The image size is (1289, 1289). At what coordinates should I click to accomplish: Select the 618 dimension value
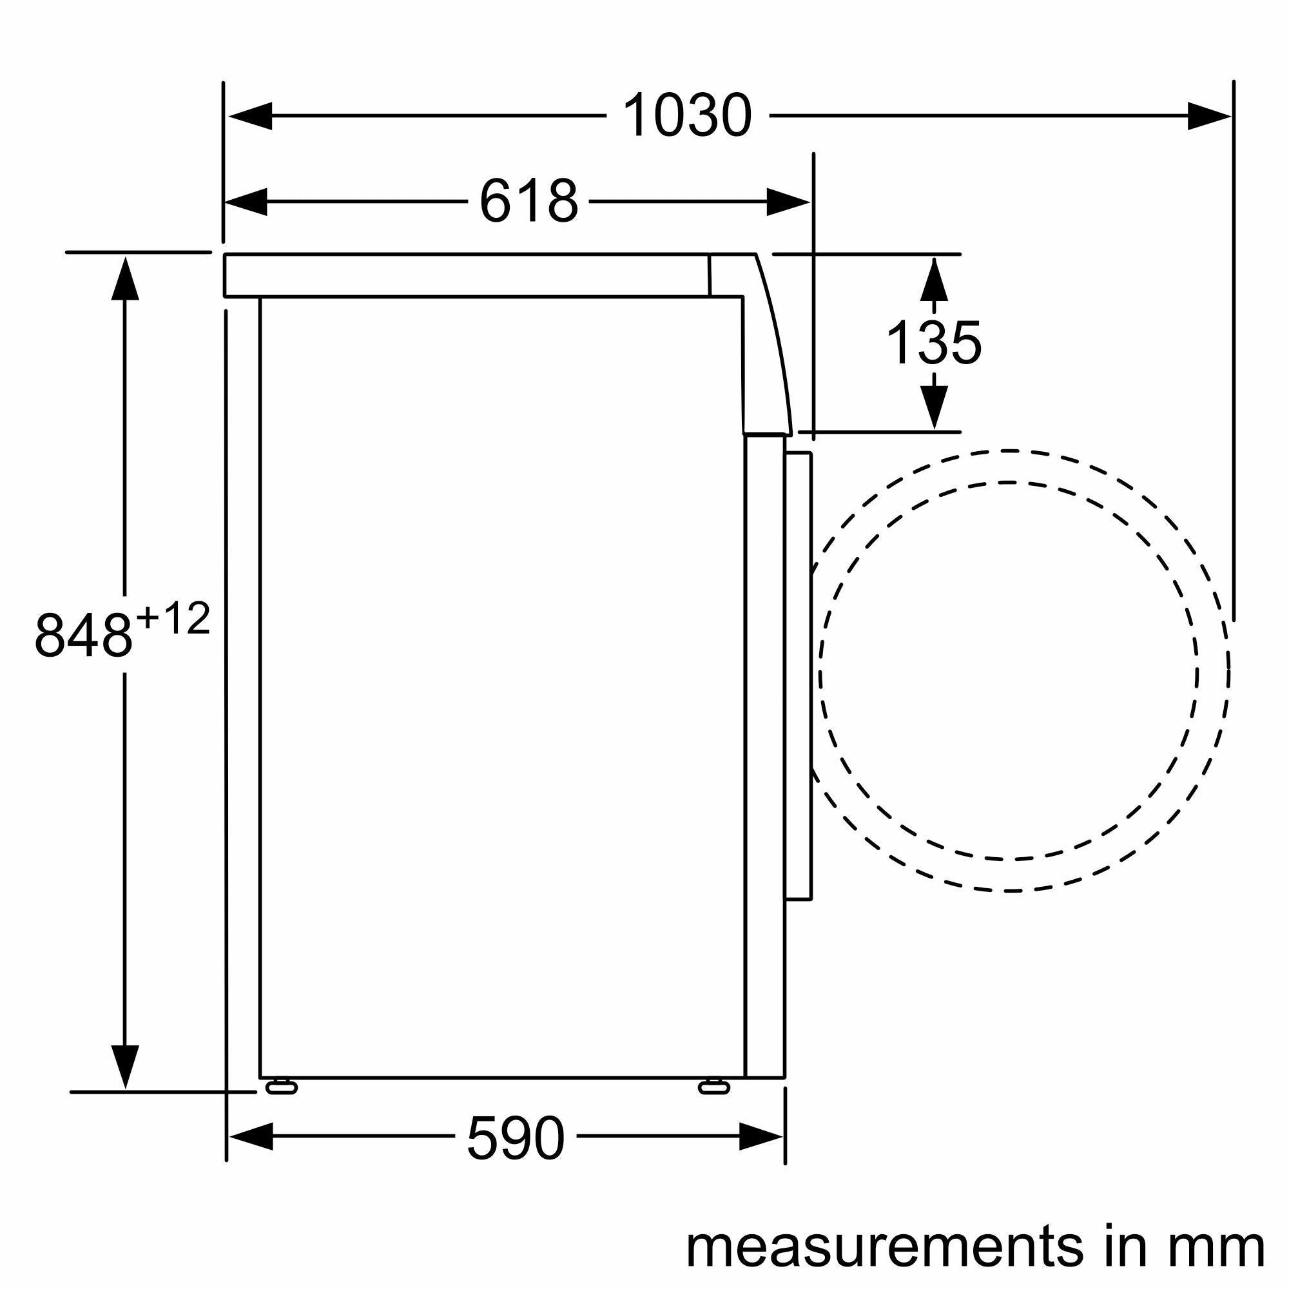point(528,202)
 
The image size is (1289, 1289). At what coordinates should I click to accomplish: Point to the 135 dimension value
point(933,344)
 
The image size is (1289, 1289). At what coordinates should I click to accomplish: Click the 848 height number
point(82,636)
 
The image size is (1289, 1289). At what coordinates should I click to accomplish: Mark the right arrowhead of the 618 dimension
point(788,202)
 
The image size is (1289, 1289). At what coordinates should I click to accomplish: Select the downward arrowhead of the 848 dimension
point(126,1066)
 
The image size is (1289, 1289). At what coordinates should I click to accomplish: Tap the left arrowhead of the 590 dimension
point(250,1136)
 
